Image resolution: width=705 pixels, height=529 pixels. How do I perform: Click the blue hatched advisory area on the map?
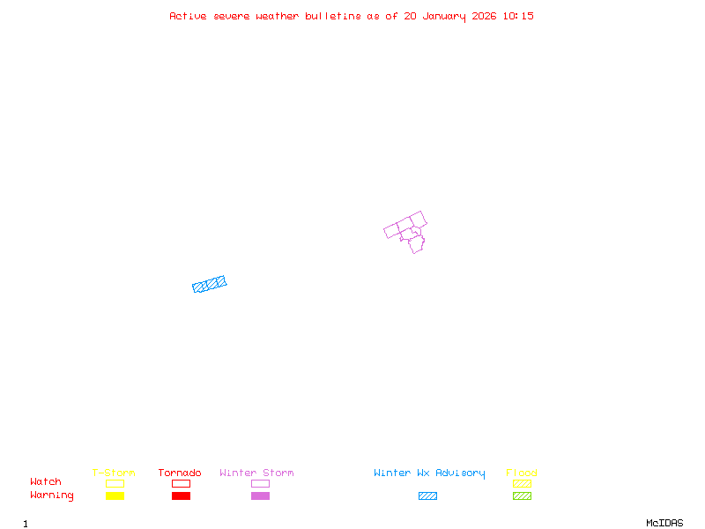[x=210, y=284]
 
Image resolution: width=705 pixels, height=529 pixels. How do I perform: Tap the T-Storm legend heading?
[x=114, y=473]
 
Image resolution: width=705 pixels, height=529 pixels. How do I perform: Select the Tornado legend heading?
[x=180, y=473]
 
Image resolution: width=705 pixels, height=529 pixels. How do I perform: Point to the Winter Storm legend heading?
[x=256, y=473]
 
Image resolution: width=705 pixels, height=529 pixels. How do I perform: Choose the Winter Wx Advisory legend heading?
[x=429, y=473]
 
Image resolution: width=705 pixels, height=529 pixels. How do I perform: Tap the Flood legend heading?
[x=522, y=473]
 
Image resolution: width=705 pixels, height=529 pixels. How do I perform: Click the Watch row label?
[x=46, y=482]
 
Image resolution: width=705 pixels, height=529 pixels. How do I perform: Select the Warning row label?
[x=52, y=495]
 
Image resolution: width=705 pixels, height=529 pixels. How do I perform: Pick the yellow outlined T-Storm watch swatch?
[x=115, y=483]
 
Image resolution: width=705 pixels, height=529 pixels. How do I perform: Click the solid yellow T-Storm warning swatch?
[x=115, y=496]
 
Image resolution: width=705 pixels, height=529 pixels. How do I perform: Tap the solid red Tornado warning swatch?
[x=181, y=496]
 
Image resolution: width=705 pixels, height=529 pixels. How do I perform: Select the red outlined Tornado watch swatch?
[x=181, y=483]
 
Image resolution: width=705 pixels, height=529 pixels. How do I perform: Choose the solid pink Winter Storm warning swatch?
[x=260, y=496]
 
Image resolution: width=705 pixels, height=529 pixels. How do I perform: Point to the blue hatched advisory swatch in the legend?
[x=427, y=496]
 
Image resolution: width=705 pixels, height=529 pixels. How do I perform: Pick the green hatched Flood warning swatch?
[x=522, y=496]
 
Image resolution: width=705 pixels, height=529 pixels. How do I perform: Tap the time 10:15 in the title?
[x=519, y=16]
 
